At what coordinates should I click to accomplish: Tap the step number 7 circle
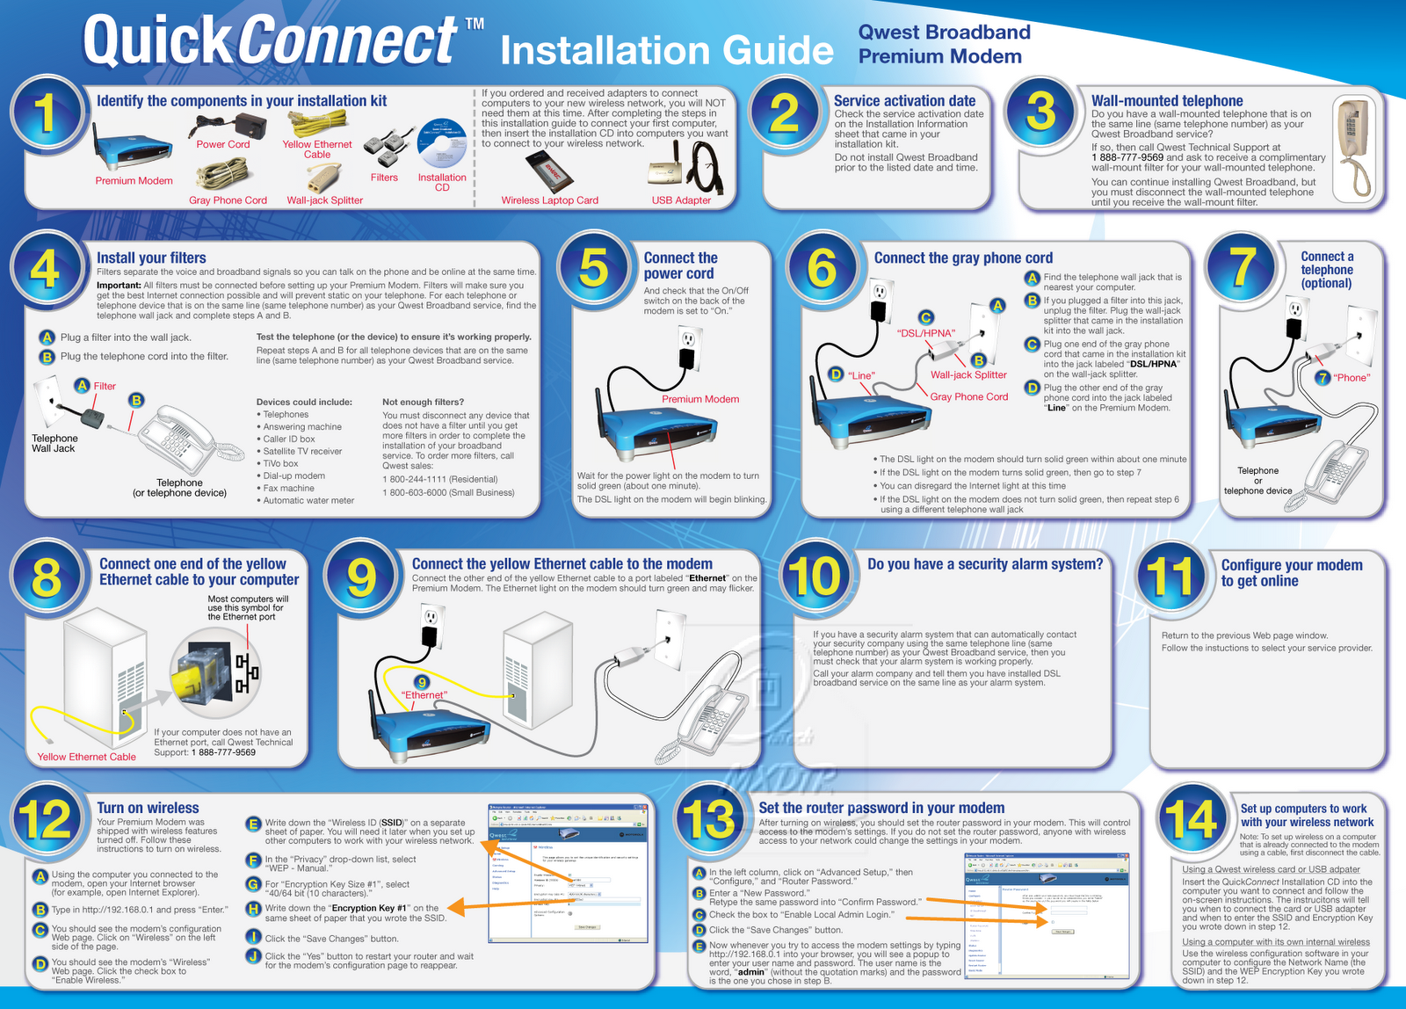[1241, 266]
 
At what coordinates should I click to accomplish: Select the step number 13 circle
[709, 818]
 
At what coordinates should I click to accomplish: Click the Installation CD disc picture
[442, 143]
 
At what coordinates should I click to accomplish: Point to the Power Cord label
[223, 144]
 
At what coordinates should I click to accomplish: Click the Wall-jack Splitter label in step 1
[324, 200]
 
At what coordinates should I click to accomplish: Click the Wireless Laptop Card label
[549, 200]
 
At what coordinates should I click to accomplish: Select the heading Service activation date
[904, 101]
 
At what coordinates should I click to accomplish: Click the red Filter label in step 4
[105, 386]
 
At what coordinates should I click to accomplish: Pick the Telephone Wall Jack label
[54, 443]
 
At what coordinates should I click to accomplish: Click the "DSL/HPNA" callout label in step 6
[925, 333]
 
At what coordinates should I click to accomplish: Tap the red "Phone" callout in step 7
[1352, 378]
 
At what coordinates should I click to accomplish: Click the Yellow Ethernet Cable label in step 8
[86, 757]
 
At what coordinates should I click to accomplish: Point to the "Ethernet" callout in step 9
[424, 695]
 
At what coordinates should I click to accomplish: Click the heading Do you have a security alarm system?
[984, 564]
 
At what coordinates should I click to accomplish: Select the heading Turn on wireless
[148, 808]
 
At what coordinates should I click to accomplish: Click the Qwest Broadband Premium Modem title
[944, 44]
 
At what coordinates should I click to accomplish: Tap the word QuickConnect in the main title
[270, 41]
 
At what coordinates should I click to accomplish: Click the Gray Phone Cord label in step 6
[968, 396]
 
